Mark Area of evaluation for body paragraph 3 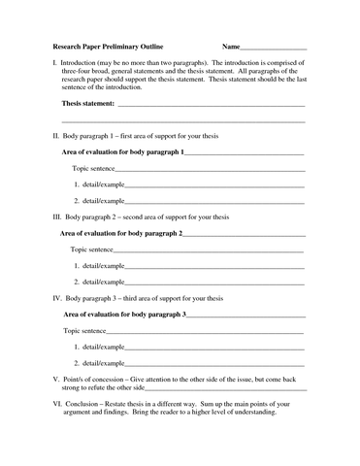pyautogui.click(x=122, y=315)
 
